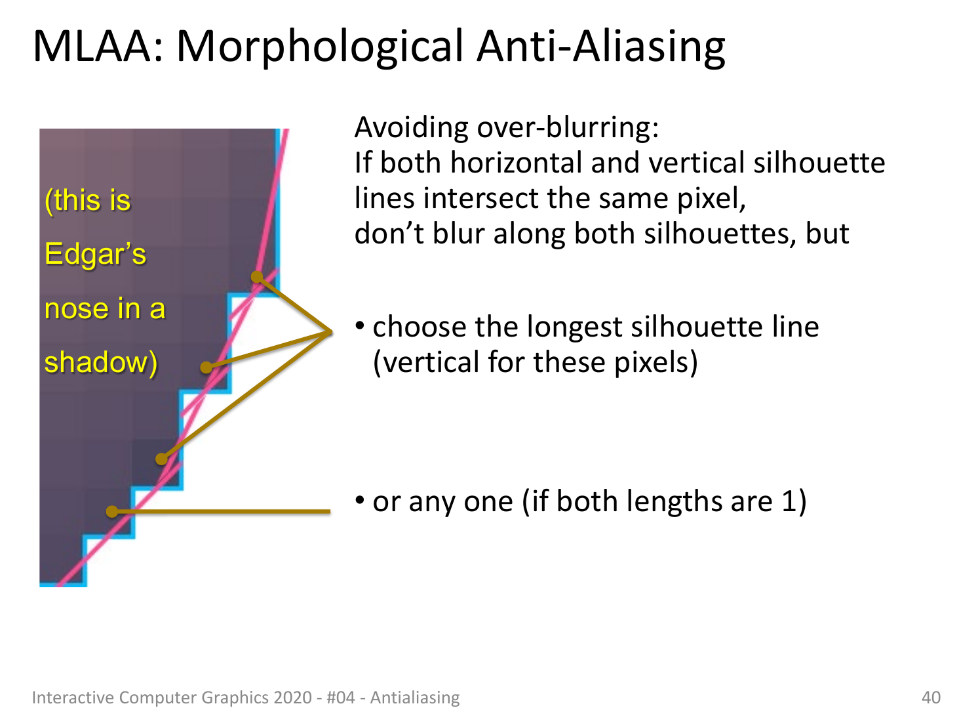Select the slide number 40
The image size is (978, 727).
point(931,698)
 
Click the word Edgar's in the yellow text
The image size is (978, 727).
point(95,254)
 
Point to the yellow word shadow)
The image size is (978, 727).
point(101,362)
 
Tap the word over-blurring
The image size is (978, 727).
point(568,128)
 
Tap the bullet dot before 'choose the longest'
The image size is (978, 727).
point(361,325)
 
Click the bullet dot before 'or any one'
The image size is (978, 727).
point(361,500)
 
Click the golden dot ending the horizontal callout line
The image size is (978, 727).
point(112,512)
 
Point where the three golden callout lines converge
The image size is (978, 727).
point(331,332)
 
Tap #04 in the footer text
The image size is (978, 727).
point(341,698)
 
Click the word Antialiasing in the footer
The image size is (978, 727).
point(415,698)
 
